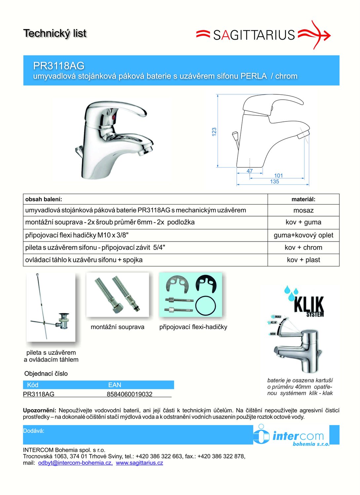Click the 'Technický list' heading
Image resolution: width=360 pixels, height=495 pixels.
click(x=55, y=34)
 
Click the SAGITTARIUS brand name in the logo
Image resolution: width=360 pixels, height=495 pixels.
click(x=254, y=35)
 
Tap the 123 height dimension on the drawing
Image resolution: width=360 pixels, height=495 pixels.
click(x=214, y=132)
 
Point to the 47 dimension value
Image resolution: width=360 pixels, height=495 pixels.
click(x=250, y=171)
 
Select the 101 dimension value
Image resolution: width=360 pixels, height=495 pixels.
click(x=279, y=176)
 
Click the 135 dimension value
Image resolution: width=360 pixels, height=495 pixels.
click(x=274, y=181)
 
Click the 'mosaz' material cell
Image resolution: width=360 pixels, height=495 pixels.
click(x=304, y=211)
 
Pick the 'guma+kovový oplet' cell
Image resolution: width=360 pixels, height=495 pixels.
click(x=304, y=235)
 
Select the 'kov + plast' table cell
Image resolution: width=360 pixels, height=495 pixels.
click(x=304, y=260)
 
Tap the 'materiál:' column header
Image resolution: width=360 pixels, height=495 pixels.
click(x=304, y=199)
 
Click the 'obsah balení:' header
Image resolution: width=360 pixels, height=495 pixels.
click(x=44, y=199)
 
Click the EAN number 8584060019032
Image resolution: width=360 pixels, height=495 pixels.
click(x=129, y=394)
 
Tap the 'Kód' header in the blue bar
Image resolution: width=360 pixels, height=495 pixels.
click(x=32, y=385)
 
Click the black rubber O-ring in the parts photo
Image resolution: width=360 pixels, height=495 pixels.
click(x=205, y=306)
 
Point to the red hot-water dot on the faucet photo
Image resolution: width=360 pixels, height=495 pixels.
click(x=114, y=118)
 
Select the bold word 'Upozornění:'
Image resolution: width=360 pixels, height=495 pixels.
click(x=40, y=411)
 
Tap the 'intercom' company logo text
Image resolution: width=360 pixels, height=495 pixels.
click(x=298, y=436)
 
